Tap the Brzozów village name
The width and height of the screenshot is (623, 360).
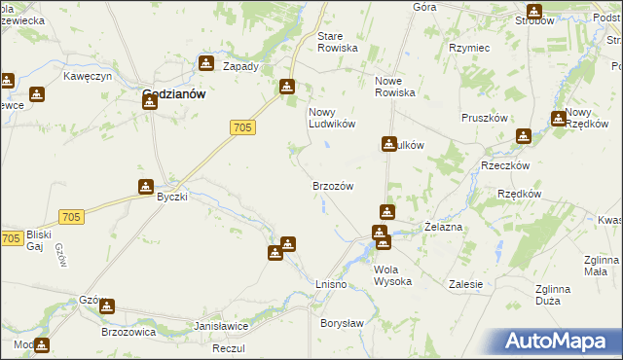pos(331,186)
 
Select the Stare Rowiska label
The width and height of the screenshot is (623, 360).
pos(338,42)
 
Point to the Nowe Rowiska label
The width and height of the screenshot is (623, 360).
pos(395,88)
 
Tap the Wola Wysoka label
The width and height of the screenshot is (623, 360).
pos(392,275)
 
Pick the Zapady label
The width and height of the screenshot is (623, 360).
pos(240,67)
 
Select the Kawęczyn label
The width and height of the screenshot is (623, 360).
pos(89,76)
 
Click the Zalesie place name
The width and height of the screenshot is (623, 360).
pos(466,284)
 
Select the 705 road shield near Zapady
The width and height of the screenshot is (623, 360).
pos(244,127)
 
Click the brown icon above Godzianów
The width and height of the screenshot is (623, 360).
pos(149,101)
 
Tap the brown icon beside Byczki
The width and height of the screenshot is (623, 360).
pos(145,187)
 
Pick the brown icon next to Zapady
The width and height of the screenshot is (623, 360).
pos(206,64)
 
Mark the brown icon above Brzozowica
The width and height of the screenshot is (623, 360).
pos(107,306)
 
